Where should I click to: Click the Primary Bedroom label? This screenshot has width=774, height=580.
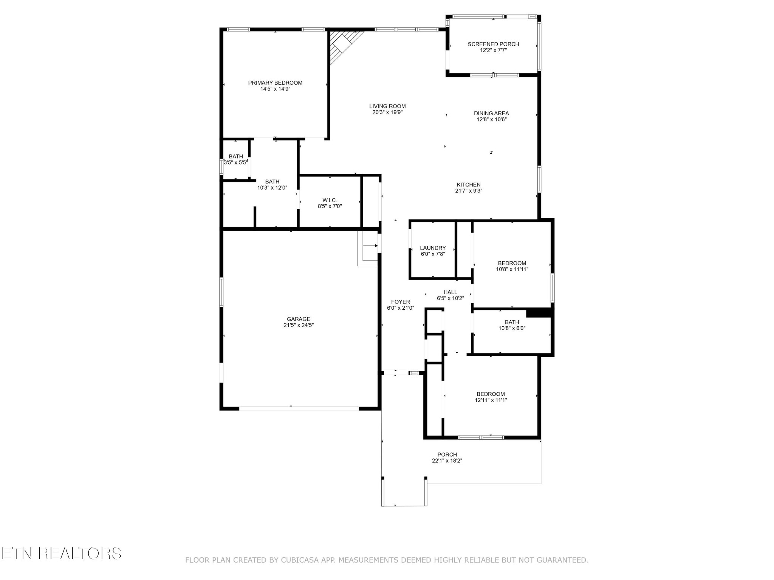coord(275,83)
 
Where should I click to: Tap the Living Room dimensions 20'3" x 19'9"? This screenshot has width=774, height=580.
coord(387,112)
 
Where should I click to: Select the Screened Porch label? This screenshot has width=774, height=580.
coord(493,44)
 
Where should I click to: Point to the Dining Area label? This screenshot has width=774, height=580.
coord(491,113)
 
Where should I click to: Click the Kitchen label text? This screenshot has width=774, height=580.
coord(469,185)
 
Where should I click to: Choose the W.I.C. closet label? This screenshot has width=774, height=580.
coord(330,200)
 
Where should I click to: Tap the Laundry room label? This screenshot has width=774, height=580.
coord(433,248)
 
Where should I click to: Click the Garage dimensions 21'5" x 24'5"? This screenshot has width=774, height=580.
coord(299,325)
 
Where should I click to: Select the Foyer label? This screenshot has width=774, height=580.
coord(400,302)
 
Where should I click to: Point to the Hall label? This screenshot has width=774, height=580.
coord(450,292)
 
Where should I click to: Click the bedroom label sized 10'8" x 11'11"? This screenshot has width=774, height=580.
coord(512,263)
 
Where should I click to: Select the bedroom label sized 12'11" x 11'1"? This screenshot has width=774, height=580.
coord(491,394)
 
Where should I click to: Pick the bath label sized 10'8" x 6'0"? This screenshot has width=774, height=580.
coord(512,322)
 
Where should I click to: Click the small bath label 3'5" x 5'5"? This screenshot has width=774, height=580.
coord(235,156)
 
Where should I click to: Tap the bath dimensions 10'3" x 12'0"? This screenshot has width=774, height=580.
coord(272,188)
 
